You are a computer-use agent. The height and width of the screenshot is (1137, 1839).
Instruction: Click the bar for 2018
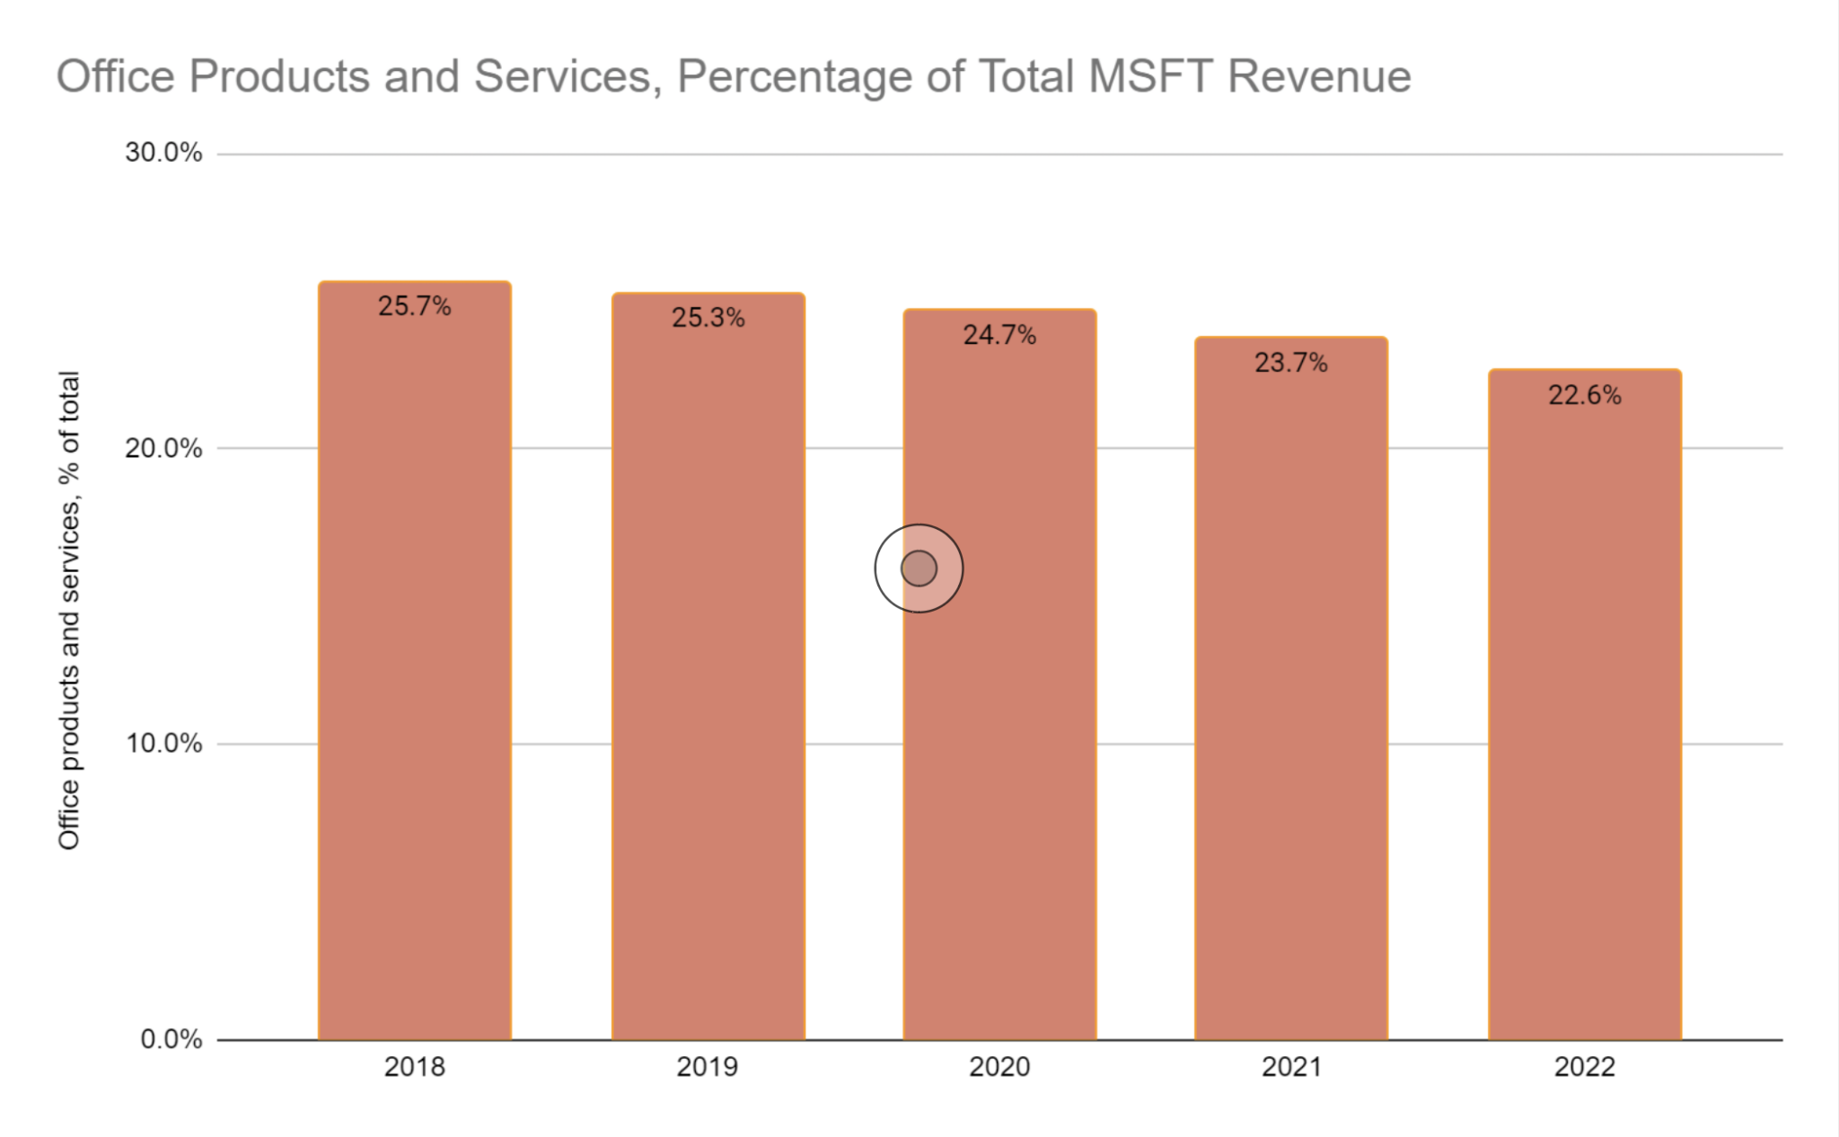coord(415,665)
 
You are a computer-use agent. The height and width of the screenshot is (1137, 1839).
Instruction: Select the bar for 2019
coord(708,669)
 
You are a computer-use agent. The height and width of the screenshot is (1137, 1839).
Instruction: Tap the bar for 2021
coord(1291,692)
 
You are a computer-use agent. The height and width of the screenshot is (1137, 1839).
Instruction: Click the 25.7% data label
coord(415,306)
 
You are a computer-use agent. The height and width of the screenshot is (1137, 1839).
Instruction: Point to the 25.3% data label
coord(708,318)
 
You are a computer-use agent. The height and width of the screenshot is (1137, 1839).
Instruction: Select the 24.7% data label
coord(999,335)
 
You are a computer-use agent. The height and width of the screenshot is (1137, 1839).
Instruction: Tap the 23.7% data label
coord(1291,363)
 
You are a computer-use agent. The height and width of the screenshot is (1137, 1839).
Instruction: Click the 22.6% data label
coord(1585,395)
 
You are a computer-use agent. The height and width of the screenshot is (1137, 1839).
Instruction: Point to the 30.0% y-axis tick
coord(163,153)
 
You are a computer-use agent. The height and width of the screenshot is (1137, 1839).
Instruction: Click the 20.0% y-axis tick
coord(163,448)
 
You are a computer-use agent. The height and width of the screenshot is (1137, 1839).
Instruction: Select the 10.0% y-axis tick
coord(163,744)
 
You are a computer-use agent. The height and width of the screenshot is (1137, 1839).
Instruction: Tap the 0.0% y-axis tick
coord(171,1039)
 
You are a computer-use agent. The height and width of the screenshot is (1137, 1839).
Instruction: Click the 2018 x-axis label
coord(415,1067)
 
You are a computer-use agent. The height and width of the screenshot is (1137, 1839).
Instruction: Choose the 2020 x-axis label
coord(999,1067)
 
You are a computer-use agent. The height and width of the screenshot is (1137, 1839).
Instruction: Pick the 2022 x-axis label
coord(1585,1067)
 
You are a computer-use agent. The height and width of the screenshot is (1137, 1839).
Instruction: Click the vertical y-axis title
coord(69,611)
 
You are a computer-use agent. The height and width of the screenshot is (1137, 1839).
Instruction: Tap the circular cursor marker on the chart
coord(919,568)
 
